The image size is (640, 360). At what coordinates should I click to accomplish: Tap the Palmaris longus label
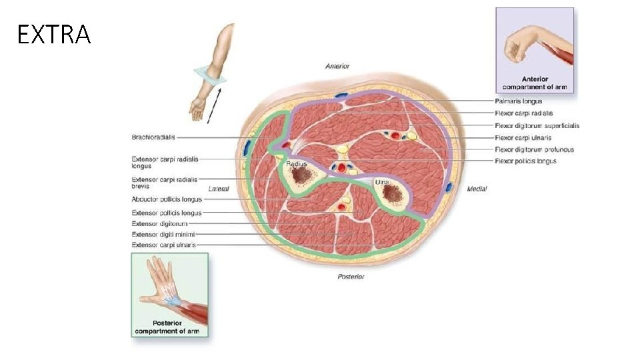click(x=519, y=101)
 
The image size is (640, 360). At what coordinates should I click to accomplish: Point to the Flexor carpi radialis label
click(x=524, y=113)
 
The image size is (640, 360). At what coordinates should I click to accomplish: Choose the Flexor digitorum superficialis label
click(x=537, y=125)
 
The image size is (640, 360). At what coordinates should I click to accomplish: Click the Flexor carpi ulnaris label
click(x=522, y=137)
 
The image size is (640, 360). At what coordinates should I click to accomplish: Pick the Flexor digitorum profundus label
click(x=535, y=149)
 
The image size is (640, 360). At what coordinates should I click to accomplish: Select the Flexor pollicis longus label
click(x=526, y=161)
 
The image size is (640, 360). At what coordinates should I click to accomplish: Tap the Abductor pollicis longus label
click(x=167, y=199)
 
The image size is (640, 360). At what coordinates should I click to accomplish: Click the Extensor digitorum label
click(x=159, y=223)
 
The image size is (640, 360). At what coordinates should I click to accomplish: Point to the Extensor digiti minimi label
click(x=163, y=234)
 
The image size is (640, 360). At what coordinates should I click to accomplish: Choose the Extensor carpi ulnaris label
click(x=164, y=245)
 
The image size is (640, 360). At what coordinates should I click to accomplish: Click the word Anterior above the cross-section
click(x=337, y=66)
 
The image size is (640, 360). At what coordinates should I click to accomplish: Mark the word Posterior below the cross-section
click(x=351, y=276)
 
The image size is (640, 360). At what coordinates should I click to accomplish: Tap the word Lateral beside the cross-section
click(x=219, y=189)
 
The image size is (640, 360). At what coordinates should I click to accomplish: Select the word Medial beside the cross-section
click(x=477, y=189)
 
